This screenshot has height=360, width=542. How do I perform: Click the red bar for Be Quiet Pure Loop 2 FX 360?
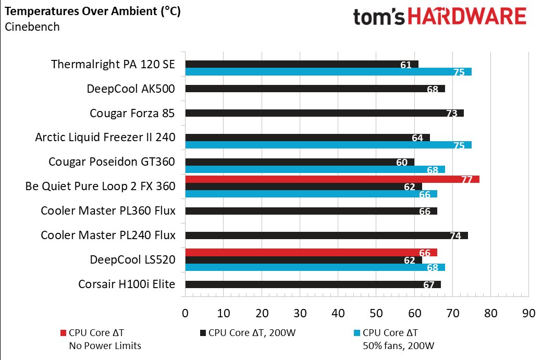coord(332,179)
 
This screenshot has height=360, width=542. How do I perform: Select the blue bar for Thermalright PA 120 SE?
coord(328,72)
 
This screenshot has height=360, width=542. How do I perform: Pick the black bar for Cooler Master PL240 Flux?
coord(326,235)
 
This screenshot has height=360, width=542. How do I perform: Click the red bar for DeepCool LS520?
coord(311,253)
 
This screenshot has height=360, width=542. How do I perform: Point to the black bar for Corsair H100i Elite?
coord(313,284)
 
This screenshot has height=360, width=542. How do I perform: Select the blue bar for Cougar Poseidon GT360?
coord(315,169)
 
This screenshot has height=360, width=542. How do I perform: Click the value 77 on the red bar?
coord(466,180)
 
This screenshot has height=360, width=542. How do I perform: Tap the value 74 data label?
coord(455,236)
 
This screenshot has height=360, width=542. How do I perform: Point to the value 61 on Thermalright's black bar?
coord(406,65)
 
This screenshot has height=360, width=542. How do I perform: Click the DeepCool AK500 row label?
coord(131,89)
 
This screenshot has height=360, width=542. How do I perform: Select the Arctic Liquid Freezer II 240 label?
coord(105,138)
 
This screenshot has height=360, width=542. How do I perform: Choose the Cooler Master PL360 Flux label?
coord(108,211)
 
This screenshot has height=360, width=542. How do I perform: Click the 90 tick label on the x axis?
coord(528,314)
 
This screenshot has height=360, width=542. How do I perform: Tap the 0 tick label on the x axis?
coord(185,314)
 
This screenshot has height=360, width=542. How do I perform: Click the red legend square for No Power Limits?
coord(64,333)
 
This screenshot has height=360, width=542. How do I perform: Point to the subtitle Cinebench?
coord(32,27)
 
